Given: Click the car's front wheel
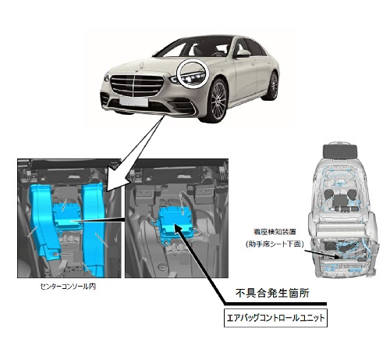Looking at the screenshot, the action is point(217,101).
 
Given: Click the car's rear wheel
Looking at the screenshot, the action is point(272,86).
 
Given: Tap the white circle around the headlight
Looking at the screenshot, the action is point(193,73).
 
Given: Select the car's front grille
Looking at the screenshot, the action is point(136,85).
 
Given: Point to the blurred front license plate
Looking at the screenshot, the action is point(134,102).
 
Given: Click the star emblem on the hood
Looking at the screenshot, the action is point(142,65).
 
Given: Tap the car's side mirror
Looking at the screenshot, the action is point(243,53).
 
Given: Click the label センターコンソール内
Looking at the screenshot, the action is point(68,287).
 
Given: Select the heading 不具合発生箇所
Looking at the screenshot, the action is point(272,294).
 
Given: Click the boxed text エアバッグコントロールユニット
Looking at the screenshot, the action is point(275,318).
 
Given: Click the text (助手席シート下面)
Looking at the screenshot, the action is point(275,244).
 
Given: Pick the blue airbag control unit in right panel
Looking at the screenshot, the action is point(177,223).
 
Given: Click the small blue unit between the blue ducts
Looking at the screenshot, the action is point(68,216).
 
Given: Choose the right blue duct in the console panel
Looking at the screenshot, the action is point(94,229).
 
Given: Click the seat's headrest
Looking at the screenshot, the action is point(340,151).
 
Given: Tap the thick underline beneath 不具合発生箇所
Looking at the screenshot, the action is point(275,304).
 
